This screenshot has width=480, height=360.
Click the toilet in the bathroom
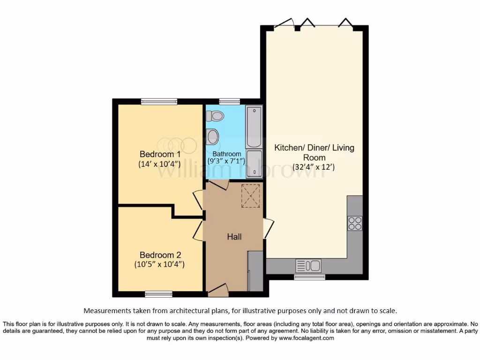(x=217, y=115)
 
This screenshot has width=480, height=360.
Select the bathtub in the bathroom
(x=255, y=127)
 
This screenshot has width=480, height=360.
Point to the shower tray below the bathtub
(x=255, y=165)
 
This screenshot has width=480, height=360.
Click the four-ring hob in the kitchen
(x=355, y=223)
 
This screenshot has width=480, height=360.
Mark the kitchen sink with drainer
(x=308, y=266)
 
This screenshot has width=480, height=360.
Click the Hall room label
(x=234, y=237)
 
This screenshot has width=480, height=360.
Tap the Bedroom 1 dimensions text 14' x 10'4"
(x=159, y=164)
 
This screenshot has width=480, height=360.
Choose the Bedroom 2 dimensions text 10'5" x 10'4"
(x=159, y=264)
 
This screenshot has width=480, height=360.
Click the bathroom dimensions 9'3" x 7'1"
(x=227, y=161)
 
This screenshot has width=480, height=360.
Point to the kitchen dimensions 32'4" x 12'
(x=314, y=167)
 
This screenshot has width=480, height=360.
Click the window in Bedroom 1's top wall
(x=159, y=101)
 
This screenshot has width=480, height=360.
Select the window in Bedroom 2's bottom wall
(x=158, y=294)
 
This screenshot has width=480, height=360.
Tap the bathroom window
(x=229, y=101)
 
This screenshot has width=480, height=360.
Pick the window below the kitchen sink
(x=309, y=277)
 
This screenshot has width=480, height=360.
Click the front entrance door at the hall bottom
(x=217, y=291)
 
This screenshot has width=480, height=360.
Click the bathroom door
(x=218, y=184)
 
